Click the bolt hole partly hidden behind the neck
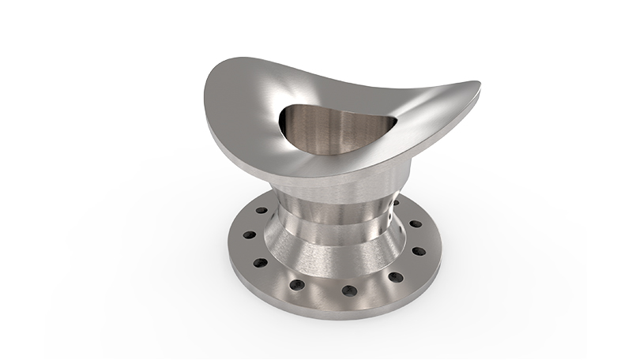pos(396,203)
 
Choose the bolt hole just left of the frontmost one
pos(296,284)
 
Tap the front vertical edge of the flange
pos(332,309)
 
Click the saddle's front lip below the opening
pos(332,162)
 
